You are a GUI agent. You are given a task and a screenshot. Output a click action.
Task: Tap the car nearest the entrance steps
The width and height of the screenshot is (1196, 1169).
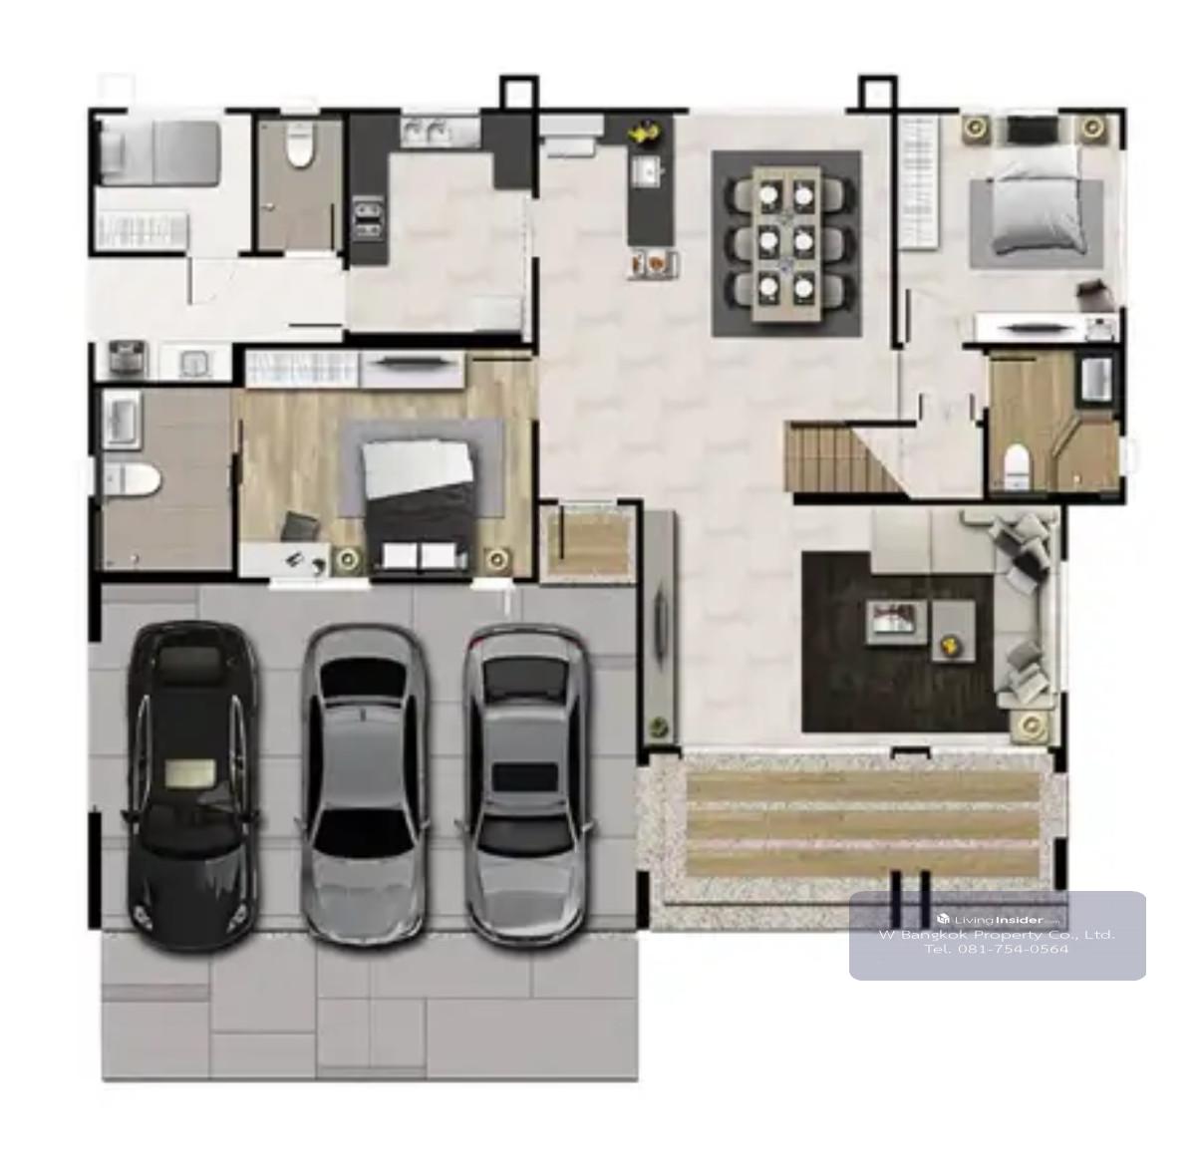525,785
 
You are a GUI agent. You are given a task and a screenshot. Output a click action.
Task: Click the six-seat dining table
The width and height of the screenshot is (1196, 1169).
786,243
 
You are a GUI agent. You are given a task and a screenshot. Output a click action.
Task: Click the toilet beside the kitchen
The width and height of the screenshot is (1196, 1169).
299,146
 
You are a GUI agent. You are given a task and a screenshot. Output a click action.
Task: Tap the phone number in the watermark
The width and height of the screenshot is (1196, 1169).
997,949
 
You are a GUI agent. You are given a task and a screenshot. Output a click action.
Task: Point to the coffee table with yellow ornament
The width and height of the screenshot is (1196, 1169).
953,631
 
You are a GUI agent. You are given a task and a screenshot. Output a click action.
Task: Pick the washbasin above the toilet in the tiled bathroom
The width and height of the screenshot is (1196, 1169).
122,420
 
